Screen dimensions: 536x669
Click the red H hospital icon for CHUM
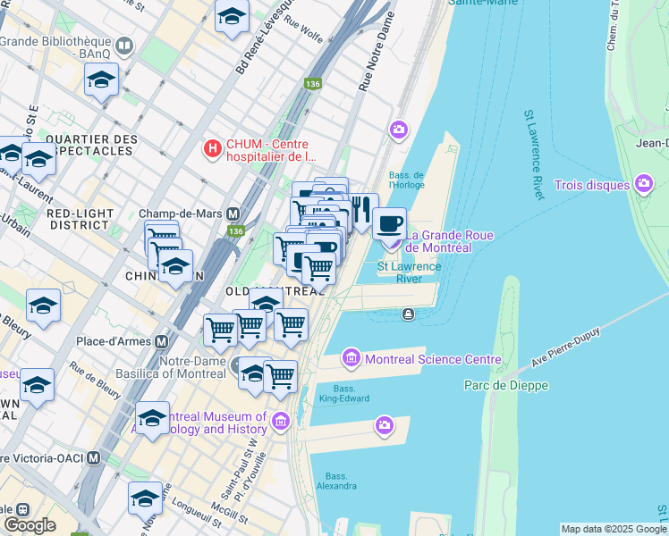click(x=213, y=148)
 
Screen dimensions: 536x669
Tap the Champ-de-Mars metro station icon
click(x=233, y=214)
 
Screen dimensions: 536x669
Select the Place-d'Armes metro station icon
click(x=162, y=341)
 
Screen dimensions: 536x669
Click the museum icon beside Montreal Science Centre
click(x=351, y=359)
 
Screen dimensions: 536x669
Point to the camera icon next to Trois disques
click(x=642, y=185)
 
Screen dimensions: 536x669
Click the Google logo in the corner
click(x=30, y=525)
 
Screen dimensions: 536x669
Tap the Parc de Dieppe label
click(x=505, y=385)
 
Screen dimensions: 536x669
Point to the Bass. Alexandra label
click(x=342, y=481)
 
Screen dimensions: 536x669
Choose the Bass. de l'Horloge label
click(x=406, y=180)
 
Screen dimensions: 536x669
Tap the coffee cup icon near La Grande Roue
click(x=389, y=222)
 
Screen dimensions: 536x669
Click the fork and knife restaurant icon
click(x=361, y=209)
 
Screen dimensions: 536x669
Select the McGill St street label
click(x=231, y=517)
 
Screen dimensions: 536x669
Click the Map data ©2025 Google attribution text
click(x=614, y=529)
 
